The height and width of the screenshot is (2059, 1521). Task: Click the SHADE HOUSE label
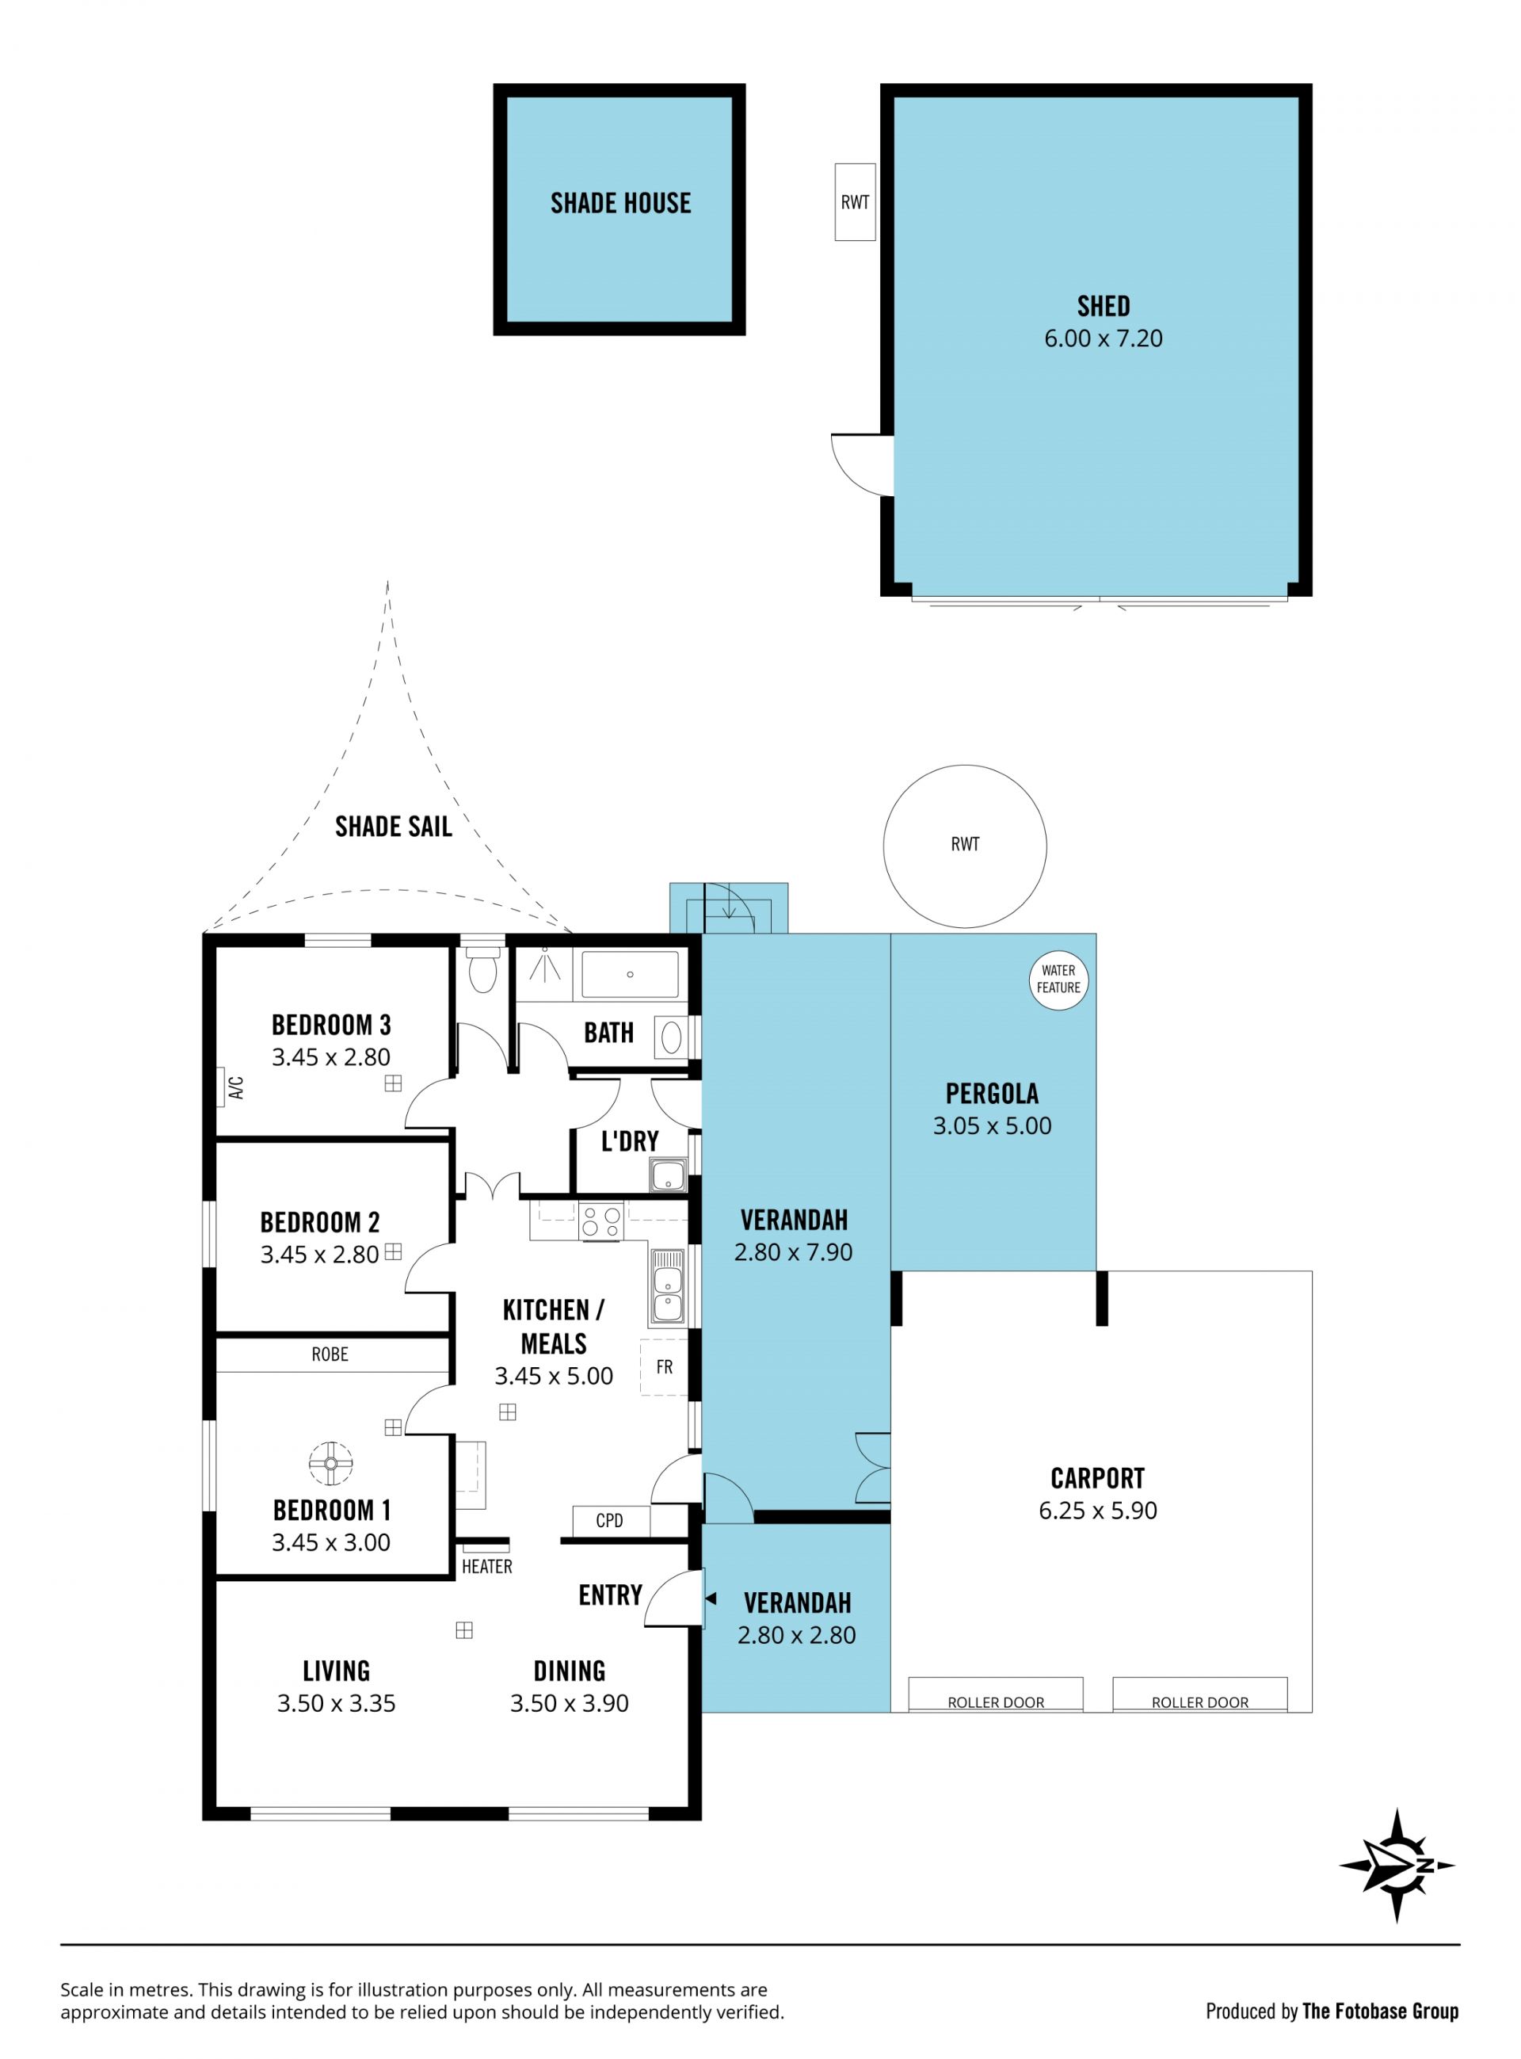[620, 203]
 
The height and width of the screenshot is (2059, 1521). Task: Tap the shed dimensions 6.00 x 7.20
[1103, 339]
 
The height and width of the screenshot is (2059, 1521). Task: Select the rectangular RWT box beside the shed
[855, 203]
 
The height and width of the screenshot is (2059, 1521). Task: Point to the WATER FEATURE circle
[1059, 980]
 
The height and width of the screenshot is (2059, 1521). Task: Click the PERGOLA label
[992, 1094]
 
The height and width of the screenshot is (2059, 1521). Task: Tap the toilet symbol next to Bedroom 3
[482, 969]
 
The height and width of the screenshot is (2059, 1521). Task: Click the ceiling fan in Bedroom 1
[330, 1463]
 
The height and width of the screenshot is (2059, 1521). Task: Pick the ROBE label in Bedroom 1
[330, 1354]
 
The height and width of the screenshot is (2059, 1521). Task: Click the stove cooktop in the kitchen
[600, 1221]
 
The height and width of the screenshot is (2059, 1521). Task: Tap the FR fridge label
[664, 1367]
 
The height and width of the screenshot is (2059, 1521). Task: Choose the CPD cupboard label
[609, 1520]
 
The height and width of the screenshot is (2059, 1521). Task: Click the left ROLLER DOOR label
[997, 1702]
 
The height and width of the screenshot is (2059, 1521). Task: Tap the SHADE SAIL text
[393, 827]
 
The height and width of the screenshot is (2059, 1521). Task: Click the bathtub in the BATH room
[630, 974]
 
